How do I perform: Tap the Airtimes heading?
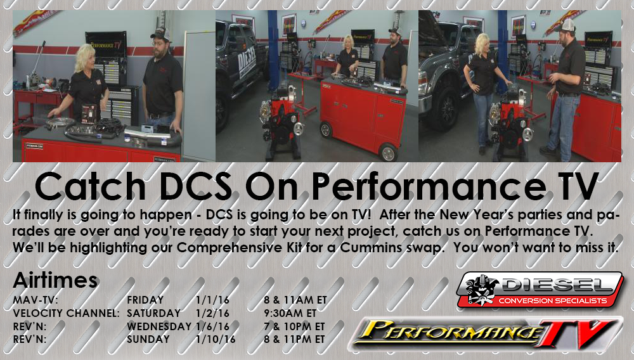tap(55, 280)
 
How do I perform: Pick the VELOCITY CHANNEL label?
tap(66, 314)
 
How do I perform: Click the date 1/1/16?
tap(212, 300)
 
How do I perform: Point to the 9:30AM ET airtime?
tap(290, 314)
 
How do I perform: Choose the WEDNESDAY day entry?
tap(158, 326)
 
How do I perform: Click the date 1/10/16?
tap(216, 339)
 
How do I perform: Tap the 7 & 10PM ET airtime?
tap(295, 326)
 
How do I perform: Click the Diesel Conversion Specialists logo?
tap(540, 290)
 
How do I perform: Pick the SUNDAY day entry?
tap(148, 339)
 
